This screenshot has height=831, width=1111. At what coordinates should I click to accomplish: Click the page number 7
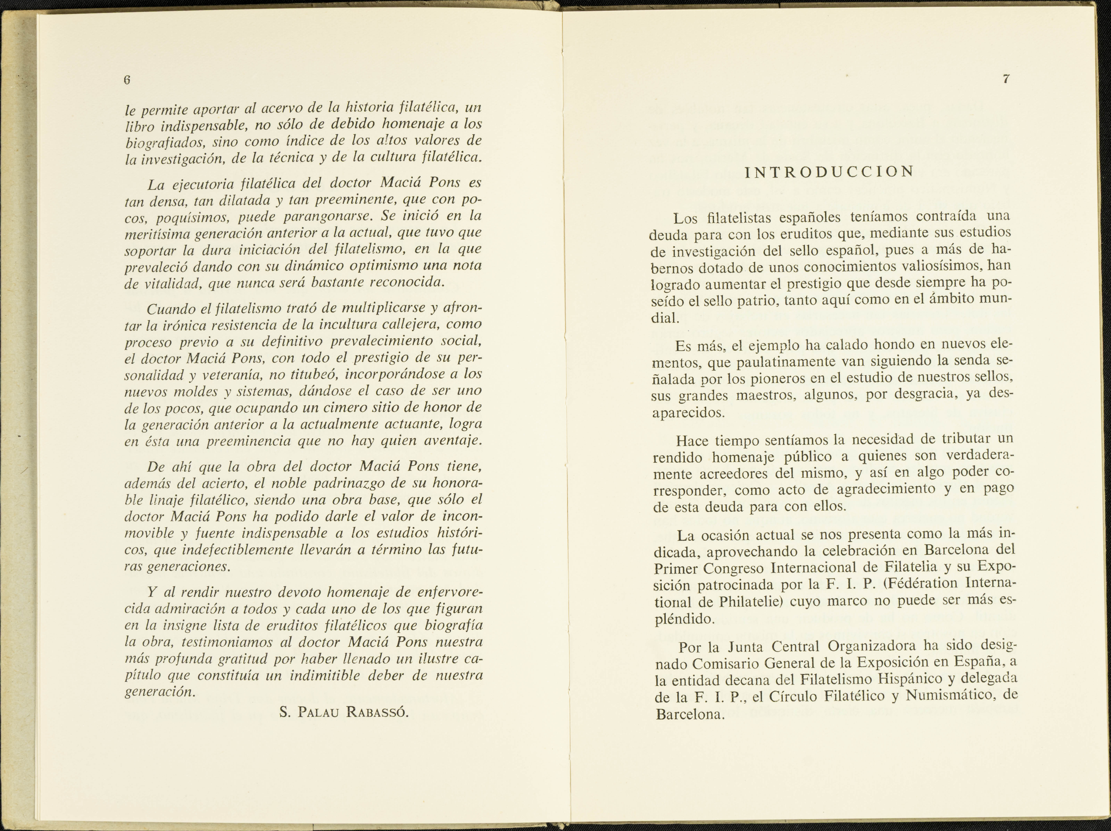click(x=1006, y=79)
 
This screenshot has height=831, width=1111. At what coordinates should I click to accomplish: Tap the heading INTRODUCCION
click(x=829, y=172)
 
